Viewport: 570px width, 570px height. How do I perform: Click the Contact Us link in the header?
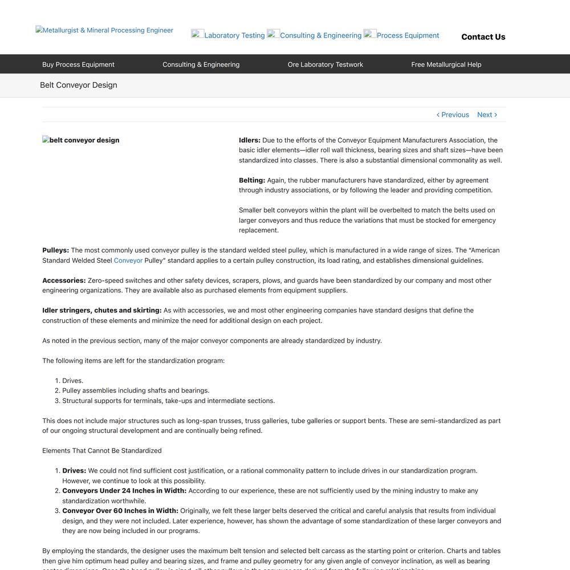click(483, 37)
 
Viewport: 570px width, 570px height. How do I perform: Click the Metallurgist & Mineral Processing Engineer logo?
click(104, 30)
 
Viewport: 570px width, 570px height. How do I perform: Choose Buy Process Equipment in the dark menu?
click(78, 64)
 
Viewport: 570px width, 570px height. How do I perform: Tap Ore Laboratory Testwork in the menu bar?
click(325, 64)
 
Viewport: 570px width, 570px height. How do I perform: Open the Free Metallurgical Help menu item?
click(446, 64)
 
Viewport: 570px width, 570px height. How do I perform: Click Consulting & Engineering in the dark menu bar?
click(201, 64)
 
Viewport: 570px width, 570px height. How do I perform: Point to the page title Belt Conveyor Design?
click(79, 85)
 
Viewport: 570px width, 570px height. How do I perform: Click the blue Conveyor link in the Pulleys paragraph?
click(128, 260)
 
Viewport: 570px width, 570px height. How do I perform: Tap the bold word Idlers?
click(250, 140)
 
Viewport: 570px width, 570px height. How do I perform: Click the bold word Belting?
click(252, 180)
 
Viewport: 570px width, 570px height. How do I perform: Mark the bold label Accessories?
click(64, 280)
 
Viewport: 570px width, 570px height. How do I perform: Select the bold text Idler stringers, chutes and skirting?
click(102, 310)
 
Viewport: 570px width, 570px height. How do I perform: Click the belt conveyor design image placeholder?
click(81, 140)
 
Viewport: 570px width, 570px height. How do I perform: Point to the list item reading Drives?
click(73, 381)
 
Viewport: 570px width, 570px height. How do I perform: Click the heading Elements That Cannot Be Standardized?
click(102, 450)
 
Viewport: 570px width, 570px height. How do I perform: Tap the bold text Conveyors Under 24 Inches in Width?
click(124, 491)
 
